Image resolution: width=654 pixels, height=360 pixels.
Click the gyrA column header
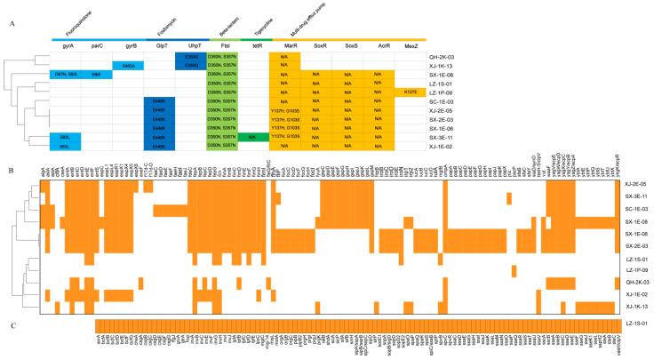65,44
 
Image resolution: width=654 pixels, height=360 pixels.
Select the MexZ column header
411,44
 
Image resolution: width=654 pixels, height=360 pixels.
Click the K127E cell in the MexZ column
411,92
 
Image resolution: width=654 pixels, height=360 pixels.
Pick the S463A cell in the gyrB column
128,65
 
